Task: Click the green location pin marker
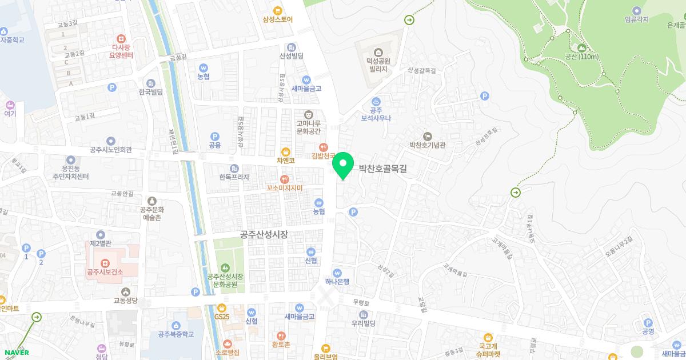pos(343,165)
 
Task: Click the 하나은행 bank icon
pos(337,273)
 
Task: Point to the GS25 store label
pos(221,317)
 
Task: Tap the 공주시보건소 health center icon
pos(105,262)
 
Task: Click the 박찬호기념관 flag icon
pos(428,135)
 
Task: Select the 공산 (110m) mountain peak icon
pos(581,47)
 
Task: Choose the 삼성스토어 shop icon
pos(278,10)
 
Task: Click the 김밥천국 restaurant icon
pos(323,146)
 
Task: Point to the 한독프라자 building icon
pos(234,168)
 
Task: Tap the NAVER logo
pos(16,353)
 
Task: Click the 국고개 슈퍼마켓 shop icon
pos(487,337)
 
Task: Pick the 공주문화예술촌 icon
pos(151,201)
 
